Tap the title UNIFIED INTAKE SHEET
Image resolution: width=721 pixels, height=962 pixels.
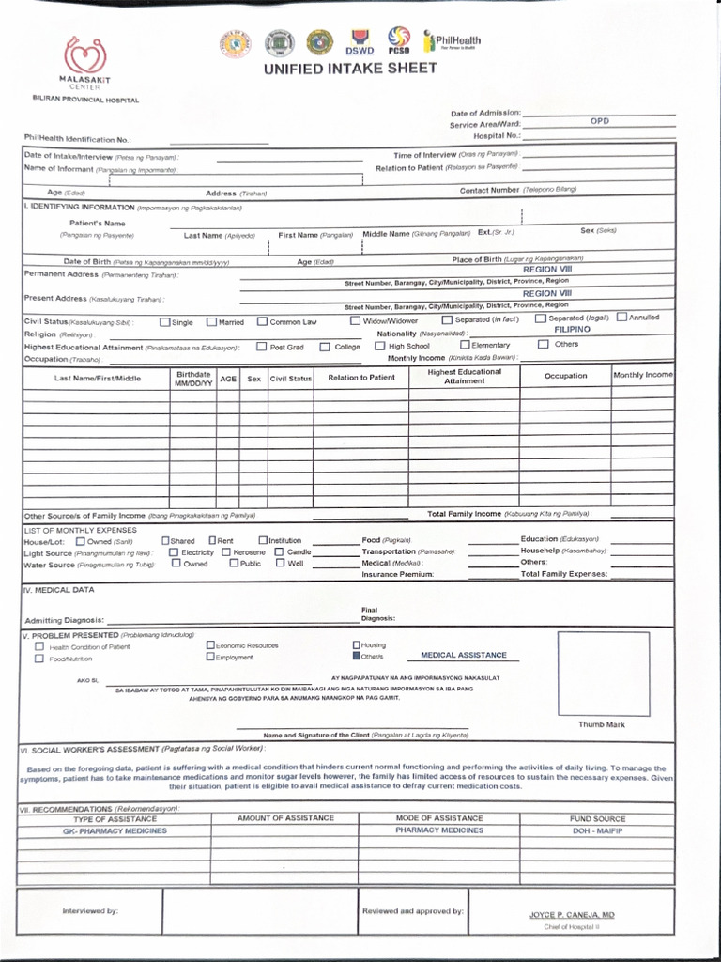pyautogui.click(x=350, y=69)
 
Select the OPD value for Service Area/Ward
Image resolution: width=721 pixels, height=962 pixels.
pyautogui.click(x=599, y=121)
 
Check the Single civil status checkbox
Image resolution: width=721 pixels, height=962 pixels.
pyautogui.click(x=165, y=321)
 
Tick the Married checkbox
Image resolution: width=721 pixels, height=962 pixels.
pyautogui.click(x=211, y=321)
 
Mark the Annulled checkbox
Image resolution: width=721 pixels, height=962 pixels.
pyautogui.click(x=622, y=318)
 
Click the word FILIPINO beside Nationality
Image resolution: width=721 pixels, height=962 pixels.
pyautogui.click(x=572, y=330)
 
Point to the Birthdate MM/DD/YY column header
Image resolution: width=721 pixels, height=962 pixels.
pyautogui.click(x=193, y=379)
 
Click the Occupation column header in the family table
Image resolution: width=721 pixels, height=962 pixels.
pyautogui.click(x=565, y=376)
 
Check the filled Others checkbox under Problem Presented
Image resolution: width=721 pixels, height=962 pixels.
pyautogui.click(x=356, y=657)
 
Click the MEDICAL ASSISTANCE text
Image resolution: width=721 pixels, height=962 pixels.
pyautogui.click(x=463, y=655)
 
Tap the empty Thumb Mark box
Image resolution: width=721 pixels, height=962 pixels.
pyautogui.click(x=602, y=675)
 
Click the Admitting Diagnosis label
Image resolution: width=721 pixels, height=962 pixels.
pyautogui.click(x=64, y=621)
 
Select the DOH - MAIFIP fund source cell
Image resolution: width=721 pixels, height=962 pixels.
pyautogui.click(x=596, y=830)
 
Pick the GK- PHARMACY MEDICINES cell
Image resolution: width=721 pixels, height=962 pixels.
pyautogui.click(x=115, y=830)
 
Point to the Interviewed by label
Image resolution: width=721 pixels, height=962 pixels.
pyautogui.click(x=90, y=911)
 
